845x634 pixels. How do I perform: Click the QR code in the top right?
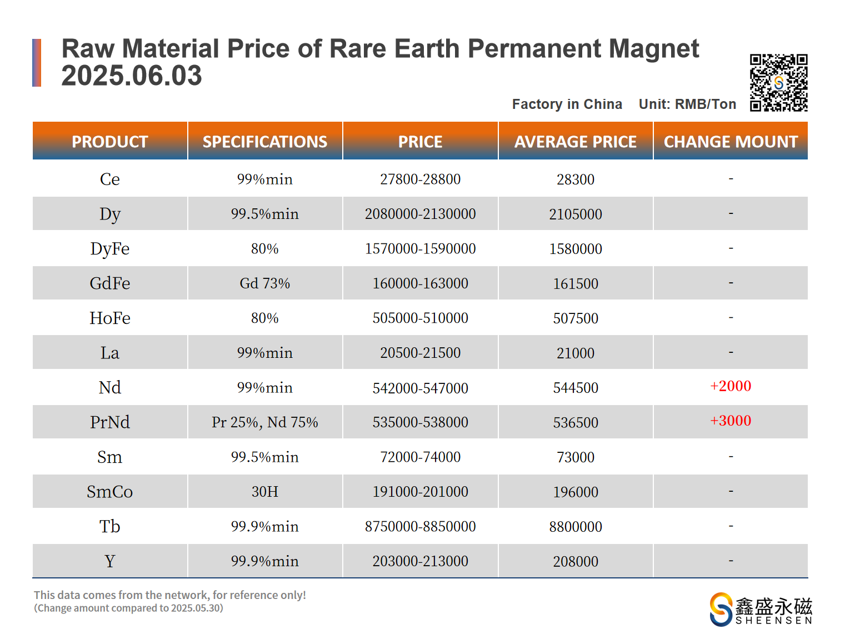point(778,83)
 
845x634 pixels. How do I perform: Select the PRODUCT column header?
point(110,142)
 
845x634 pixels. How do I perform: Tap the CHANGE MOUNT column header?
point(731,142)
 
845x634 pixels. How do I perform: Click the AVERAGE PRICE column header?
point(575,142)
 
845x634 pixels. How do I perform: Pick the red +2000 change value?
point(731,386)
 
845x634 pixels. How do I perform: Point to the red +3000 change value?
point(731,421)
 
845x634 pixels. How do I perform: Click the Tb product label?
point(110,526)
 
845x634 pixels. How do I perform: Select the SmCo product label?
point(110,492)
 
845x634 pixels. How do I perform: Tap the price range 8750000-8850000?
point(420,526)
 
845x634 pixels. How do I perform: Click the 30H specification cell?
point(264,492)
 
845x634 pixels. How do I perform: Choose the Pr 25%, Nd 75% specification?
point(264,422)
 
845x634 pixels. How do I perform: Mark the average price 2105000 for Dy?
point(575,214)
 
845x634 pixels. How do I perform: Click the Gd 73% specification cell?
point(264,283)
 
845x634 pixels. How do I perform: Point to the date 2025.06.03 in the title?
point(132,76)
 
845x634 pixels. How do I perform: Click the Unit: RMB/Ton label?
point(687,104)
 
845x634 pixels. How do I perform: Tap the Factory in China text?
point(567,104)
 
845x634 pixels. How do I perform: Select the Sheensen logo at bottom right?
point(761,609)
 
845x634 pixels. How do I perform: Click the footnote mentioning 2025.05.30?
point(129,608)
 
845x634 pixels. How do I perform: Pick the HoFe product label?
point(110,318)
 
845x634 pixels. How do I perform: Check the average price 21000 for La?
point(575,353)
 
